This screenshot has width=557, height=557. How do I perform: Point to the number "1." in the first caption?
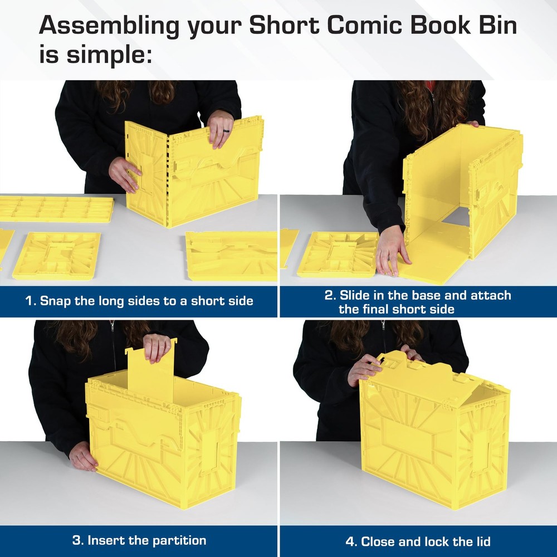(x=31, y=301)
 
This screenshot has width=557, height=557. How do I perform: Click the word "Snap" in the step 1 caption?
(x=57, y=301)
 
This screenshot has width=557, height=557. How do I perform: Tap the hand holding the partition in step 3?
(x=157, y=347)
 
